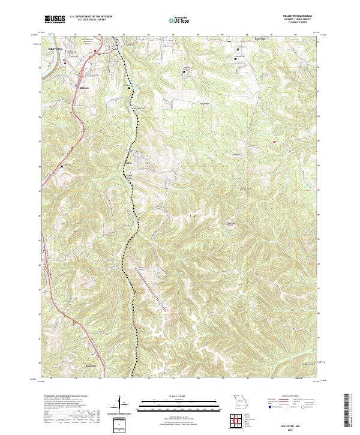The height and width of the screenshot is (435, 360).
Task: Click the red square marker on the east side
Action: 275,142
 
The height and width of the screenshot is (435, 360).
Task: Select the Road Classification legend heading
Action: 292,397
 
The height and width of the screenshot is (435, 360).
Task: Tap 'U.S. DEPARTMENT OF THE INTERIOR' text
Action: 89,17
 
